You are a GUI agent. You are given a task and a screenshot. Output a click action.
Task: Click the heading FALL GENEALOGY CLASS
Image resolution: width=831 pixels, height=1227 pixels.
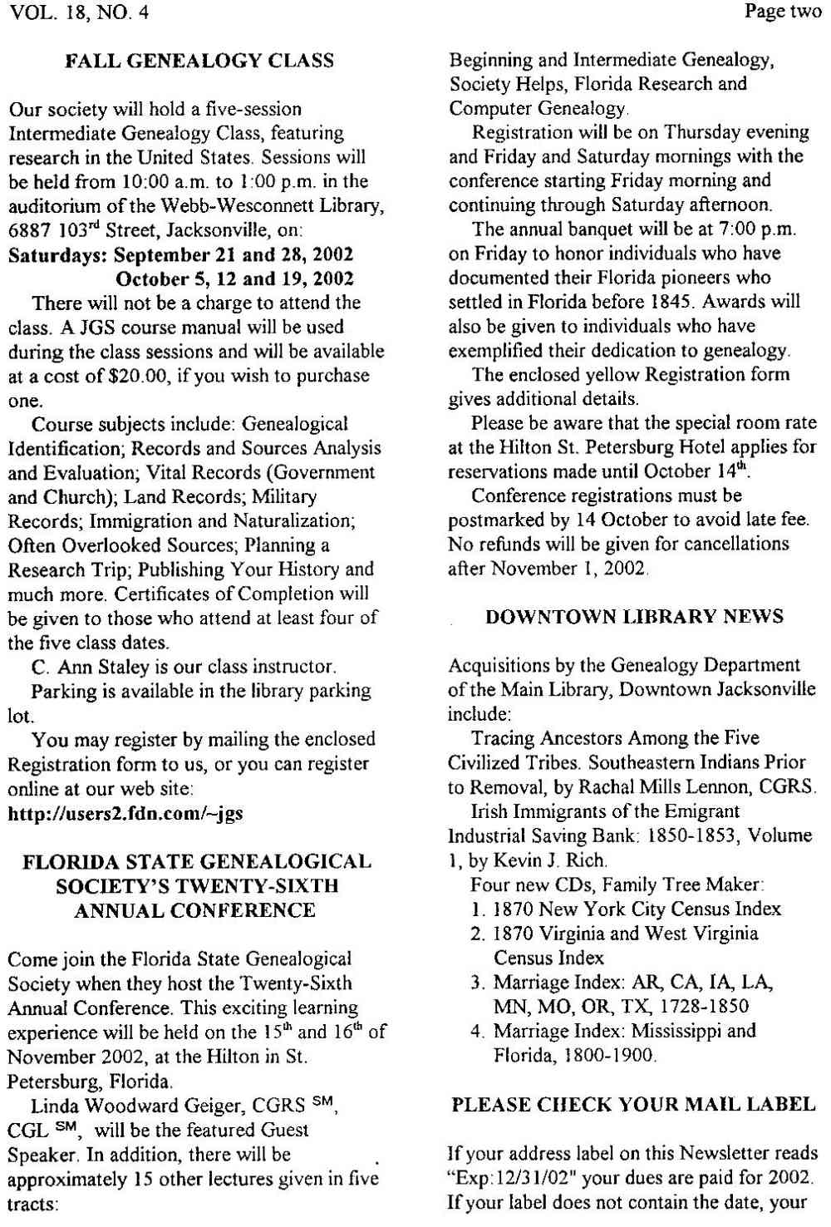click(199, 61)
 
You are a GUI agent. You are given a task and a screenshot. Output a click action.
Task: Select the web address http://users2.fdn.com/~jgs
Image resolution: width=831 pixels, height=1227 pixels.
click(125, 812)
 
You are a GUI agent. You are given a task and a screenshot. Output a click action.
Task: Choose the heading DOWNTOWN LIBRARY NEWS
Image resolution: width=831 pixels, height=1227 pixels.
click(634, 616)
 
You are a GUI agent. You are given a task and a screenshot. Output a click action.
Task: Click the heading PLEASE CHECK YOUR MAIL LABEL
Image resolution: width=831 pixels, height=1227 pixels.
click(634, 1105)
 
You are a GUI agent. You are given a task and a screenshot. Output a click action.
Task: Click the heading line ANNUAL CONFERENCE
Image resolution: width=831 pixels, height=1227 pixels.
click(195, 910)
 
